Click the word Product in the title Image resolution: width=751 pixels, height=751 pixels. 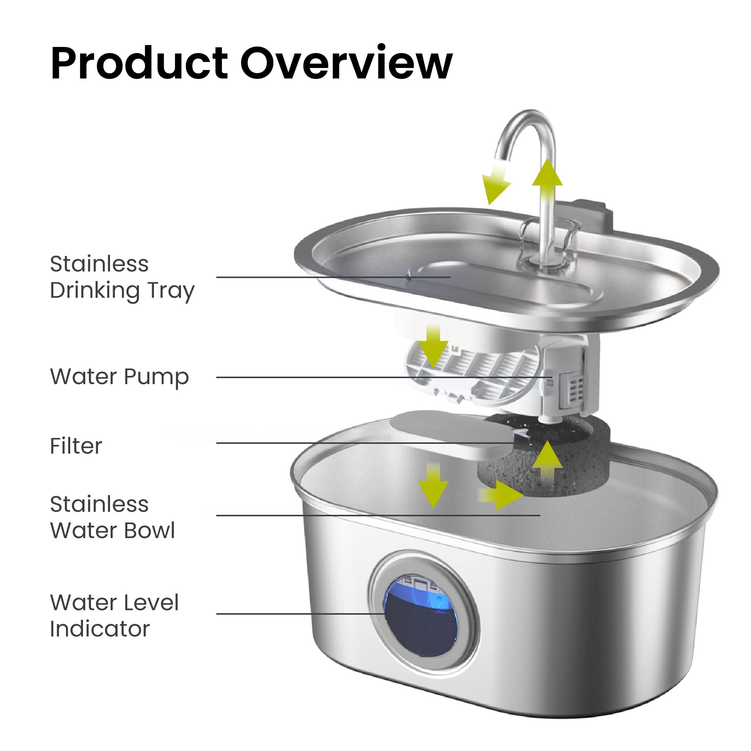tap(139, 63)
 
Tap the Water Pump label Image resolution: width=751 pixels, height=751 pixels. tap(119, 377)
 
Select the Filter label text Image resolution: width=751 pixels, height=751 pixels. tap(76, 446)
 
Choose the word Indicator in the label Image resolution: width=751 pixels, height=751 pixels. tap(100, 629)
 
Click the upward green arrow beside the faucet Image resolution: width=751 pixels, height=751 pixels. tap(547, 183)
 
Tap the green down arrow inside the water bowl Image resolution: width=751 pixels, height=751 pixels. tap(433, 486)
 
